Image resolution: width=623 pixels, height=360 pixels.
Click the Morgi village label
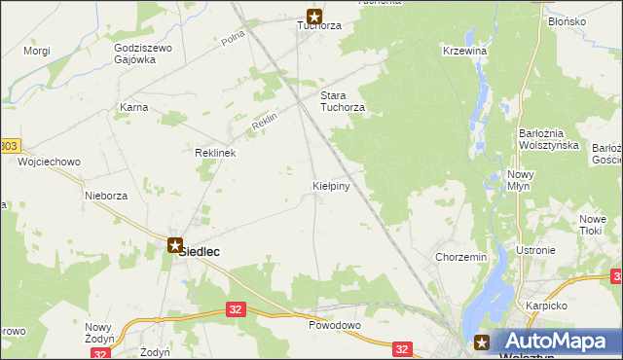(x=36, y=50)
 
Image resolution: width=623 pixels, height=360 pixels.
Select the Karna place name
(x=133, y=107)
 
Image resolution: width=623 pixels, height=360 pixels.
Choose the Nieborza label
(x=106, y=195)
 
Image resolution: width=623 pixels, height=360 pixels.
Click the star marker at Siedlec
(x=174, y=246)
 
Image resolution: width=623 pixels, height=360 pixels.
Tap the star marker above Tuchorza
(x=314, y=16)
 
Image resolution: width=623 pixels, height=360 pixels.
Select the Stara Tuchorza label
(x=343, y=101)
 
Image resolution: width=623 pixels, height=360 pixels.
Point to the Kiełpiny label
(x=331, y=183)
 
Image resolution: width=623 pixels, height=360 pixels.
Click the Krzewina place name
(x=463, y=51)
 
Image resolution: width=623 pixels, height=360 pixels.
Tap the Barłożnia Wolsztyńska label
(x=549, y=139)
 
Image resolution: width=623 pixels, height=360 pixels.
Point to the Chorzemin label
(x=460, y=258)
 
